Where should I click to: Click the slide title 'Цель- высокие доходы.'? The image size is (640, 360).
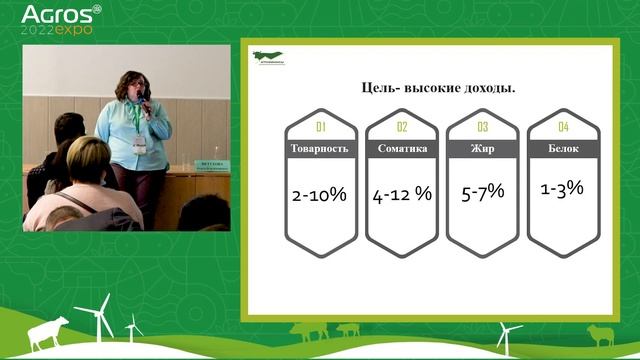(438, 88)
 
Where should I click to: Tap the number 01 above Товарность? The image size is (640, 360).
(321, 127)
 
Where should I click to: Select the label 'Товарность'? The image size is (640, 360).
(321, 149)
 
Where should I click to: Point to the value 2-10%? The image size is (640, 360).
(320, 195)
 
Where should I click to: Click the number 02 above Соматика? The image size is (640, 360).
(402, 127)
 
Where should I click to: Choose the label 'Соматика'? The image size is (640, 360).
(402, 149)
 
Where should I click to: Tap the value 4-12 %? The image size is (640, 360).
(402, 195)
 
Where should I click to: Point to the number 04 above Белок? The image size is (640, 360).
(563, 127)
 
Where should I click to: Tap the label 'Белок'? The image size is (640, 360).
(563, 149)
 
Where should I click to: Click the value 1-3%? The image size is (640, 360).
(562, 187)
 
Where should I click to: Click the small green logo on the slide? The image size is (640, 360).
(267, 57)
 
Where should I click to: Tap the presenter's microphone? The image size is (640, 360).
(146, 98)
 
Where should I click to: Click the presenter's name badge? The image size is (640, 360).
(139, 142)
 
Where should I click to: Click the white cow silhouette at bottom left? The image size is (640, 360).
(49, 332)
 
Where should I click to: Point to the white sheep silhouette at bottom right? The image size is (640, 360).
(602, 334)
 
